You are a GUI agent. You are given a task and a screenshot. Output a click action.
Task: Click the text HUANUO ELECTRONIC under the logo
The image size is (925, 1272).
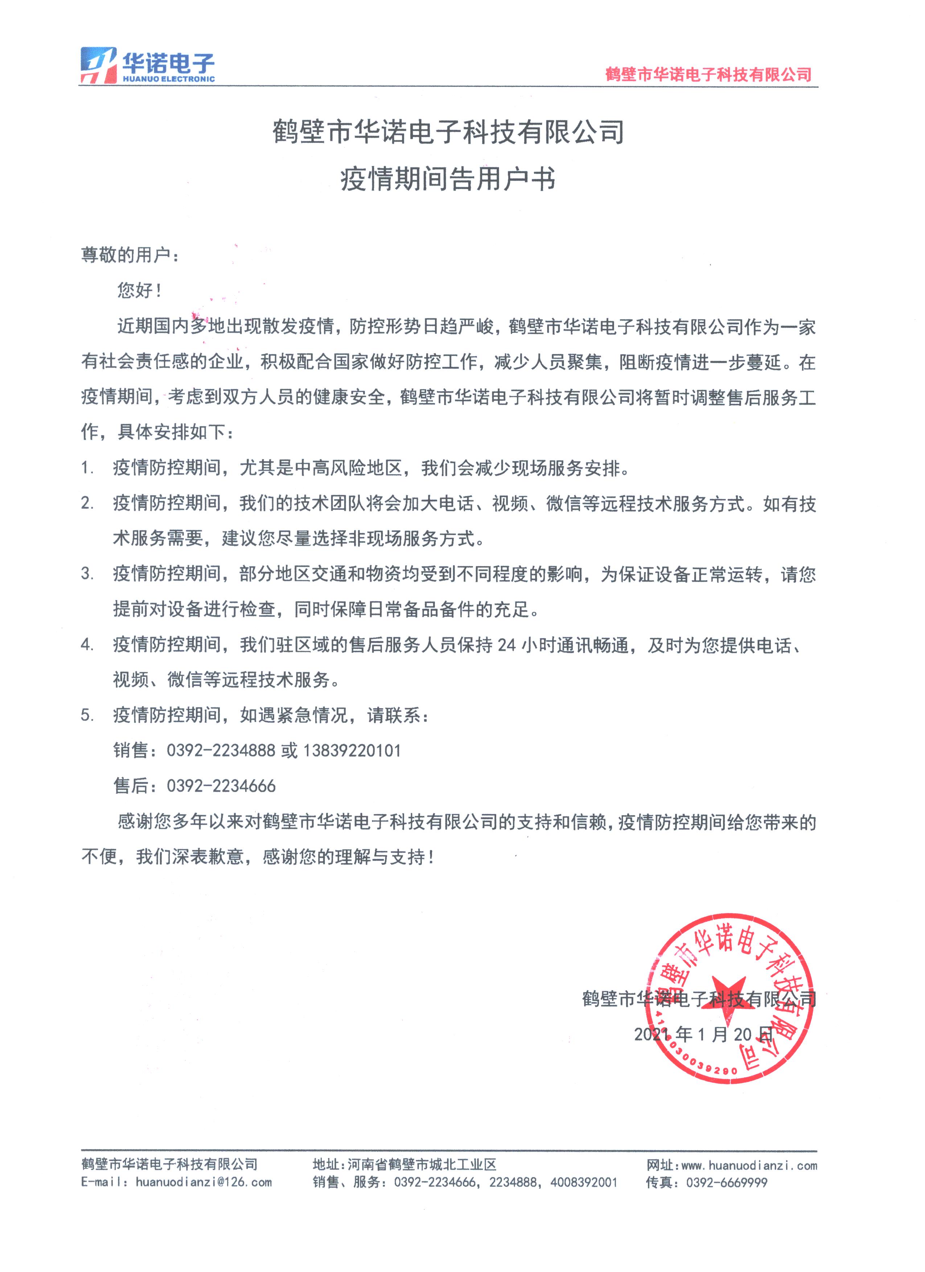click(169, 79)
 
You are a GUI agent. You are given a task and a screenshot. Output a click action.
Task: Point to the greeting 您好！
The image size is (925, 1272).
click(139, 290)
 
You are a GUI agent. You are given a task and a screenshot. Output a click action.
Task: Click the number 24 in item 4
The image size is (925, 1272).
click(506, 645)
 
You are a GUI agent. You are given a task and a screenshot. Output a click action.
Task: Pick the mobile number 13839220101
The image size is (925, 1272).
click(352, 751)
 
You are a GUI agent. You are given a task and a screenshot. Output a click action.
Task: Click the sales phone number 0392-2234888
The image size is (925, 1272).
click(221, 751)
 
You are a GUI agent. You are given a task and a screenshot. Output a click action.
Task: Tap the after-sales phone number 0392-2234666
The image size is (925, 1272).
click(221, 786)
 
